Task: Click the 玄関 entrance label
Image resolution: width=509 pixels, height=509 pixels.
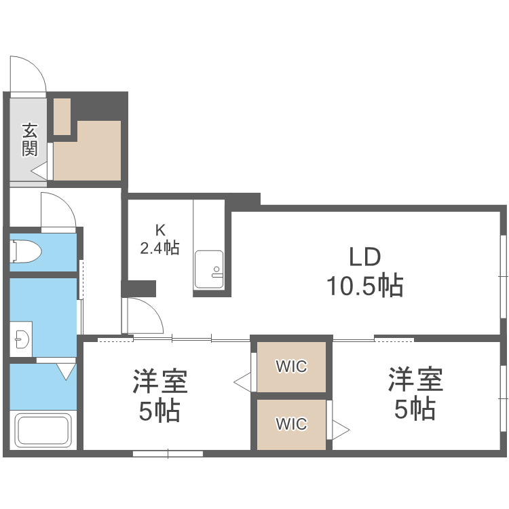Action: (x=29, y=139)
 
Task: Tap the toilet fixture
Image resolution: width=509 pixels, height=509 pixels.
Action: (x=25, y=252)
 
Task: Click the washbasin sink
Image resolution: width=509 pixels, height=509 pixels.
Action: (x=22, y=337)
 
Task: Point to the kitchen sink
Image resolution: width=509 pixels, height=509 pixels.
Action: (x=208, y=269)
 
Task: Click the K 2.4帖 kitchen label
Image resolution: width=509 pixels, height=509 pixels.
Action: (x=159, y=239)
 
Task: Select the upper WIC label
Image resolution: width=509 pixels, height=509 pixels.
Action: (x=291, y=366)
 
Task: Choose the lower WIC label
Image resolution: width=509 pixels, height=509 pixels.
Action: (x=291, y=424)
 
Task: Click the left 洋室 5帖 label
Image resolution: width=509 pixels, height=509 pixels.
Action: (x=159, y=395)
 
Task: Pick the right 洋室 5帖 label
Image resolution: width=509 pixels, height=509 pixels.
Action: (x=415, y=394)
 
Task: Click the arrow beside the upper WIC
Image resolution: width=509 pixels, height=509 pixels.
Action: (x=242, y=381)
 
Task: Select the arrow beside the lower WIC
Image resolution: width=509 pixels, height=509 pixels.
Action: (x=340, y=429)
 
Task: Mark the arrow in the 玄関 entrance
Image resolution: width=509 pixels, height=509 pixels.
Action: (x=39, y=172)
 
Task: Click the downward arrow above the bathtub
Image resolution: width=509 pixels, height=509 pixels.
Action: (x=66, y=371)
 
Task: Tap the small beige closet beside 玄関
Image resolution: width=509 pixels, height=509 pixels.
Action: (x=62, y=116)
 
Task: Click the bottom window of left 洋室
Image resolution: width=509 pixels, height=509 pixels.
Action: (x=168, y=453)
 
